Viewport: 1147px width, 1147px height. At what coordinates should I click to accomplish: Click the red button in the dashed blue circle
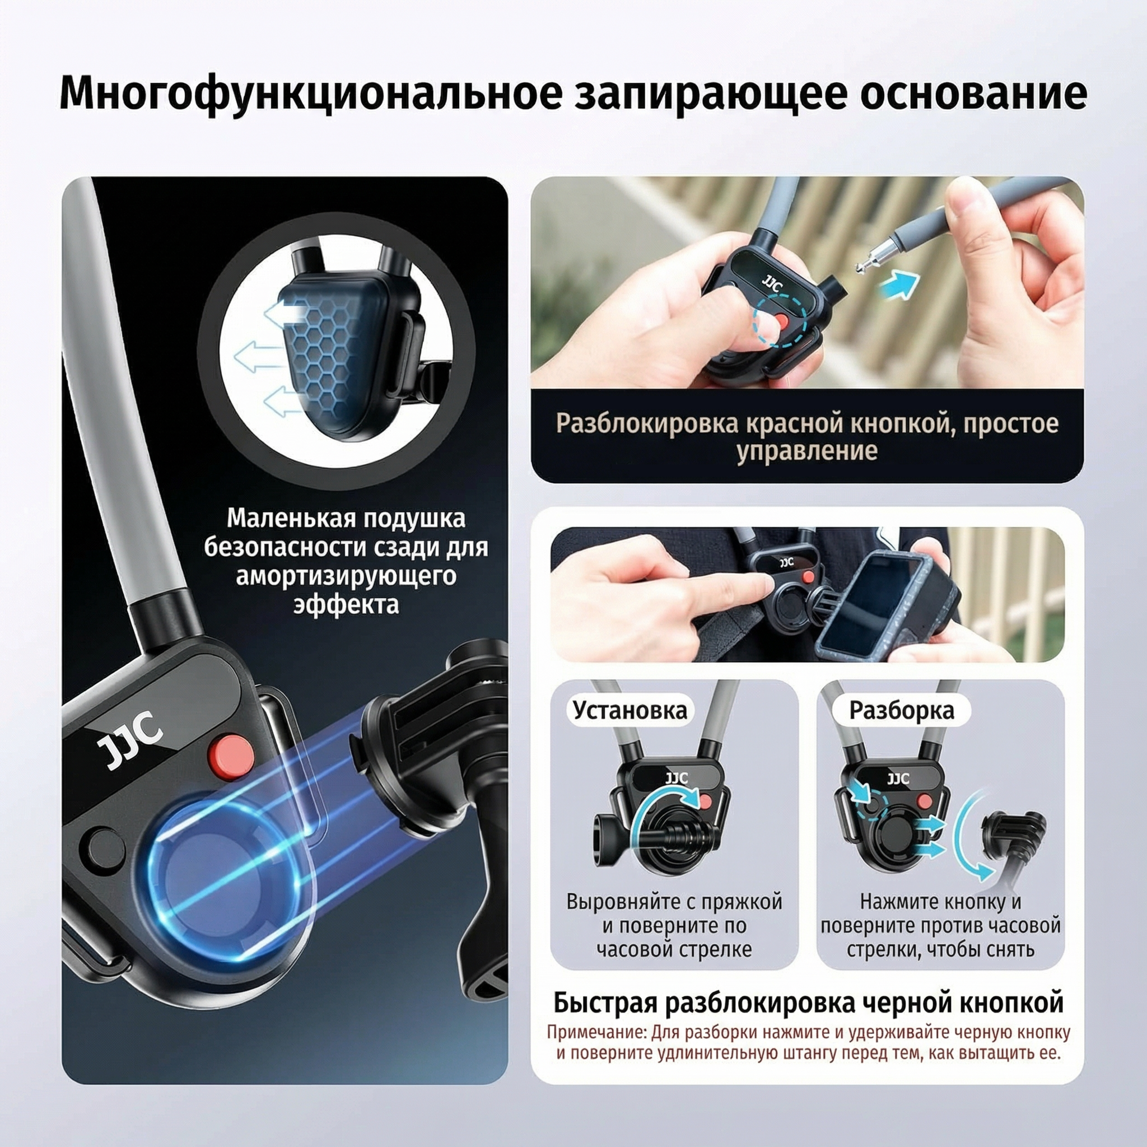782,320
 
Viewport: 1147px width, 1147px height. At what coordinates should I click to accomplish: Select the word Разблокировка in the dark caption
646,424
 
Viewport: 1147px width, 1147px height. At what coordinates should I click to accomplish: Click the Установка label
630,710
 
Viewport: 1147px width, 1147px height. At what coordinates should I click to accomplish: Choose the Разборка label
901,710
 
